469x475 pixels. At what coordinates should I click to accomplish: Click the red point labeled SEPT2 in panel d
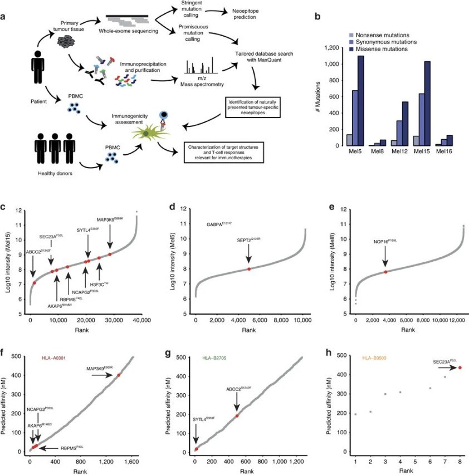[x=248, y=269]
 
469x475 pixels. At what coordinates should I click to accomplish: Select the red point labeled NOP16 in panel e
[x=385, y=272]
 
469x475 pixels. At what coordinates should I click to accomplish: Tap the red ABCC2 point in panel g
[x=237, y=415]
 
